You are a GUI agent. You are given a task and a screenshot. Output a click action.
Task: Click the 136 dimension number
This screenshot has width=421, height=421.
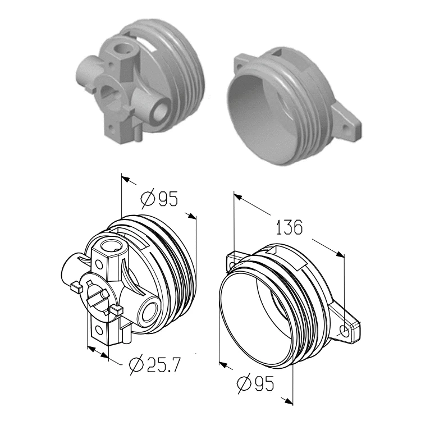point(289,227)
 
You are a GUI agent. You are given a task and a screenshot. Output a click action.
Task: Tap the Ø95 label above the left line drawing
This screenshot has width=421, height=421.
point(159,199)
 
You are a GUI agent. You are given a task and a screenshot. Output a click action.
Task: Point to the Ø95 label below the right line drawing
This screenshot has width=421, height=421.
point(255,383)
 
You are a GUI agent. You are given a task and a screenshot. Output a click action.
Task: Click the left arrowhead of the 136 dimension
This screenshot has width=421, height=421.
point(238,197)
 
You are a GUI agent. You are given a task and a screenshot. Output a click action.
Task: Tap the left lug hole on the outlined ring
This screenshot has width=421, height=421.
point(232,266)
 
